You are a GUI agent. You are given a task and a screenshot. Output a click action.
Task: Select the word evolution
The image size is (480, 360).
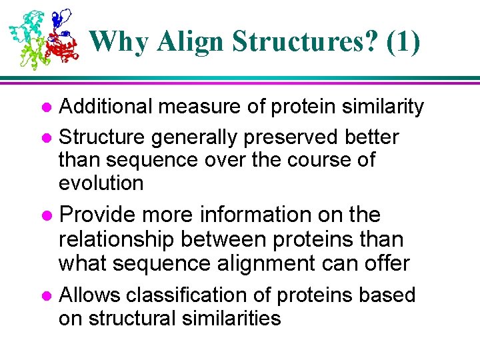coord(101,183)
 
